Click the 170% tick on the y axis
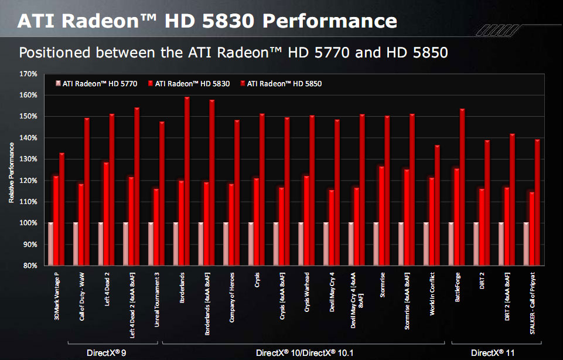28,74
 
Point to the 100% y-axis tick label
28,223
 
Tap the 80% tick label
30,266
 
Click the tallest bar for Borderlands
187,181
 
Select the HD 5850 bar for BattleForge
462,187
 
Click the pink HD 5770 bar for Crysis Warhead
301,244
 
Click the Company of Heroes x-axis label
232,293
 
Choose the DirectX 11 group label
492,352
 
